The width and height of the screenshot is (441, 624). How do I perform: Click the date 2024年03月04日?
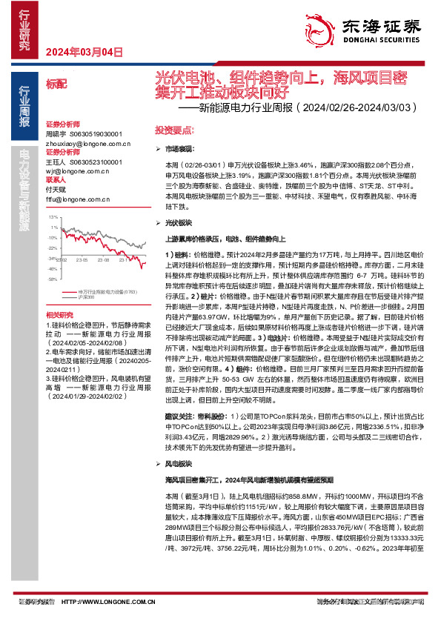84,52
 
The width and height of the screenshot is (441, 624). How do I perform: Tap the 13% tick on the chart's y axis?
53,218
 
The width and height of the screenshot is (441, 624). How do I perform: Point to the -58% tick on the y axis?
53,280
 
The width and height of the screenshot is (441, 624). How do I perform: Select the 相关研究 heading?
60,314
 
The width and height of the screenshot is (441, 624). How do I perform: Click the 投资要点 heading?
169,129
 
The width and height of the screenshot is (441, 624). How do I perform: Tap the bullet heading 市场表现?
178,150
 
